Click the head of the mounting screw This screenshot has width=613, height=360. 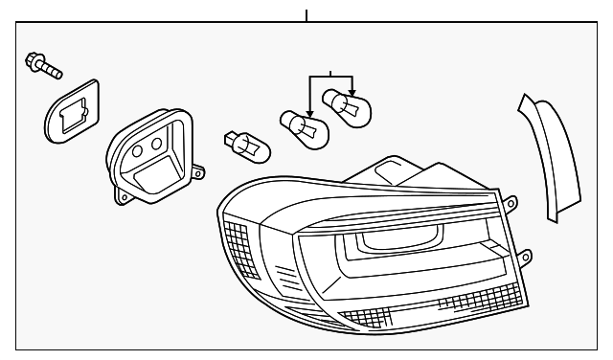click(34, 60)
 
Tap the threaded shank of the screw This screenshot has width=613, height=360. click(52, 70)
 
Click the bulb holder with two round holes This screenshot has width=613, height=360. click(153, 157)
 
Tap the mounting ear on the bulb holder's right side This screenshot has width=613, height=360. click(198, 173)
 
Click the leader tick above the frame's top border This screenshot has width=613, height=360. click(306, 15)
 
